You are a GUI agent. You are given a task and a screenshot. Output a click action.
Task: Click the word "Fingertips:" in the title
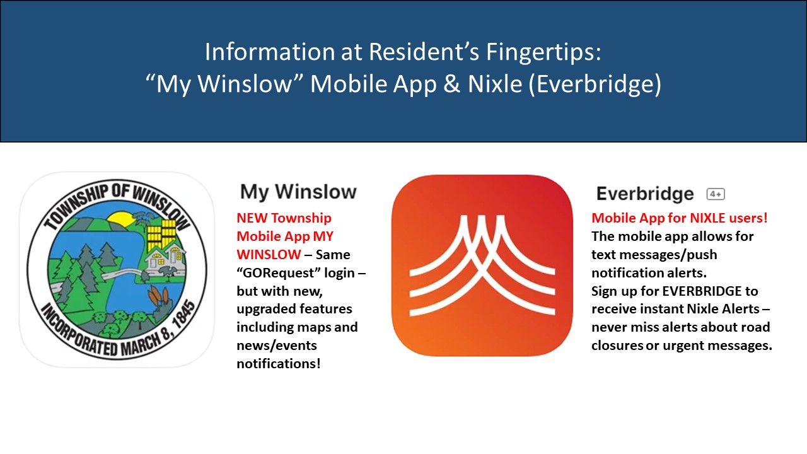(x=543, y=52)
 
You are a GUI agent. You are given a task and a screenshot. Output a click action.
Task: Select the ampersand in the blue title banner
(x=452, y=84)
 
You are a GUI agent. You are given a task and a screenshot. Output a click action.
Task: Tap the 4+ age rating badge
(x=716, y=194)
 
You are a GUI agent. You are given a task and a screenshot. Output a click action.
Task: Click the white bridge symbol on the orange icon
(x=482, y=266)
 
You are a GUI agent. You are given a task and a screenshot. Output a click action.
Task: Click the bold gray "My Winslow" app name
(x=298, y=192)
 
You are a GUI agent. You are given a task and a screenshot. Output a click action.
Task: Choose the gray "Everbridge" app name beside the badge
(x=645, y=194)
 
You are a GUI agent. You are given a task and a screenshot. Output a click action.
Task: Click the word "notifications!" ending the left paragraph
(x=279, y=364)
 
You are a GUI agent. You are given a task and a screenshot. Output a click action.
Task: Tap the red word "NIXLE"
(x=707, y=218)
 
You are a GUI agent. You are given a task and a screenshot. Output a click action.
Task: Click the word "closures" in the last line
(x=617, y=346)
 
